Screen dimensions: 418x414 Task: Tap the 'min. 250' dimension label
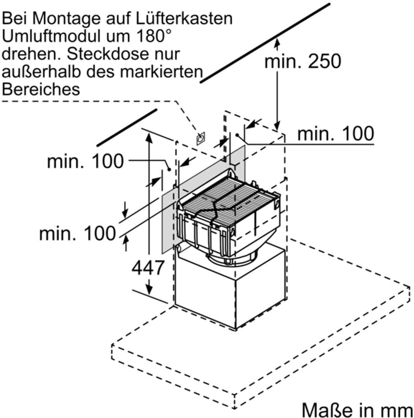302,62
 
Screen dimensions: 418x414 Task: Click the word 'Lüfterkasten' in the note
189,18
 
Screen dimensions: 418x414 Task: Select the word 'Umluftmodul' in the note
55,36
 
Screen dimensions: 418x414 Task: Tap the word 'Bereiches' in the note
41,89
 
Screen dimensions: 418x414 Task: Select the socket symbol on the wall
201,138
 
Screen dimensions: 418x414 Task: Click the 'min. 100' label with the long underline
335,134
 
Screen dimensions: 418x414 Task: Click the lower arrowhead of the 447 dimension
149,290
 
